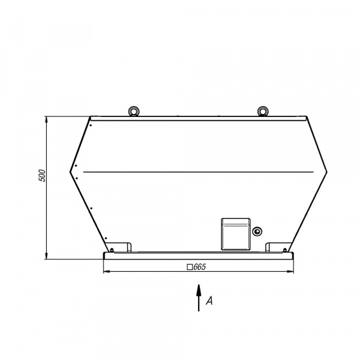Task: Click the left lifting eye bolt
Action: click(133, 111)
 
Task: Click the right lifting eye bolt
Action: click(263, 111)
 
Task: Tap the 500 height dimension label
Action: click(42, 176)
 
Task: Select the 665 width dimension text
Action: click(200, 267)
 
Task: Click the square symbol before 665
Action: click(190, 267)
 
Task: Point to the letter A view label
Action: click(209, 301)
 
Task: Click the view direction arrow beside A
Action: click(199, 298)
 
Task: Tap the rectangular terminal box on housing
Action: click(236, 234)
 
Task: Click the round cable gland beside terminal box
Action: click(257, 231)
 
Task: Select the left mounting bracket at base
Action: click(120, 247)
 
